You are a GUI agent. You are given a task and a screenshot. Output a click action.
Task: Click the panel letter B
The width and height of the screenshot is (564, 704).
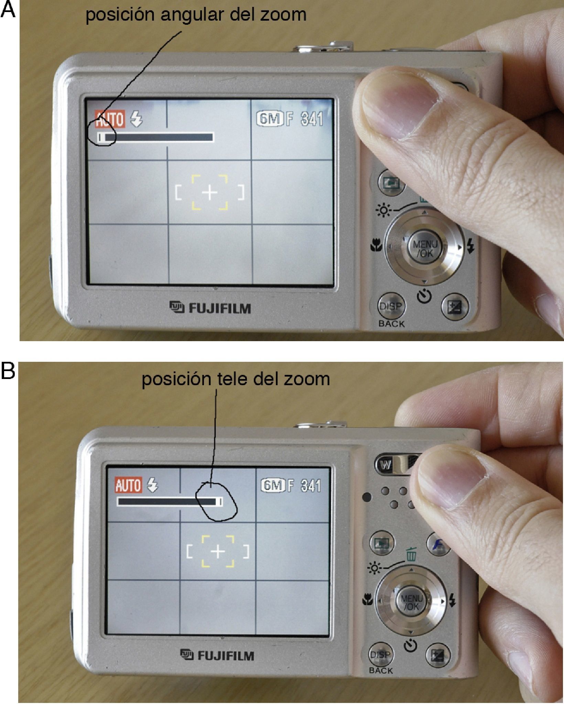tap(8, 371)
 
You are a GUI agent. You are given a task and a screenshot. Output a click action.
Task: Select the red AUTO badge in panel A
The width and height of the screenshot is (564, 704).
tap(110, 119)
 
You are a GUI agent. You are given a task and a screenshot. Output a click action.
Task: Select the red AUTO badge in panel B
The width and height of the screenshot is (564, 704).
tap(128, 485)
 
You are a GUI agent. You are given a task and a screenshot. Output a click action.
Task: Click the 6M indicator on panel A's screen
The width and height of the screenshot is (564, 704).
tap(270, 119)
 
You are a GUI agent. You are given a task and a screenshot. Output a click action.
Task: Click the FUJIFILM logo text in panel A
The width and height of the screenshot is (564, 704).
tap(210, 308)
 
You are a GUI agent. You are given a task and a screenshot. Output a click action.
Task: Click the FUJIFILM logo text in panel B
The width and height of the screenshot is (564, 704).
tap(217, 655)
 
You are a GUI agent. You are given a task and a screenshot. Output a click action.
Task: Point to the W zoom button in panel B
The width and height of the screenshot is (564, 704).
tap(386, 465)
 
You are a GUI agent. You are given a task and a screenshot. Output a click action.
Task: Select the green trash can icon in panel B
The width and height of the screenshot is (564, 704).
tap(410, 555)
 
